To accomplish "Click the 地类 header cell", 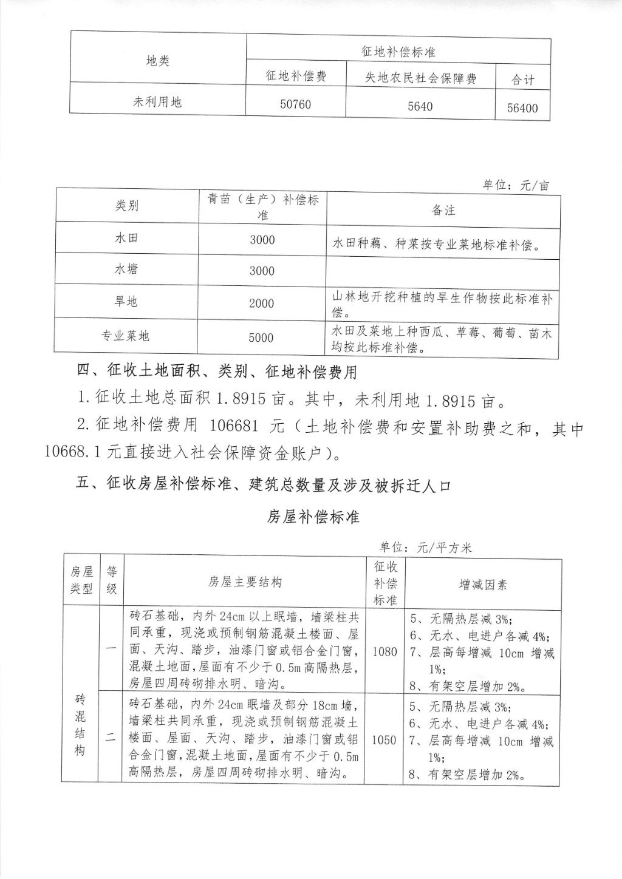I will pyautogui.click(x=158, y=61).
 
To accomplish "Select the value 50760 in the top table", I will pyautogui.click(x=295, y=104).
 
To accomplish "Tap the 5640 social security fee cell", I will pyautogui.click(x=420, y=107).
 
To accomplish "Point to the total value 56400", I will pyautogui.click(x=522, y=108).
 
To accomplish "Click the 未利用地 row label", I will pyautogui.click(x=157, y=102).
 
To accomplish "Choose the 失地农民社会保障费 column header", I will pyautogui.click(x=420, y=78).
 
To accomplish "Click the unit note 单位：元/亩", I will pyautogui.click(x=516, y=185).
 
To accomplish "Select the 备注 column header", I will pyautogui.click(x=443, y=210).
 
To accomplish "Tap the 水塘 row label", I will pyautogui.click(x=126, y=269).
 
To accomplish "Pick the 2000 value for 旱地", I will pyautogui.click(x=261, y=304).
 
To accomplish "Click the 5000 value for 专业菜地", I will pyautogui.click(x=261, y=338).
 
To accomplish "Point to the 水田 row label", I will pyautogui.click(x=126, y=237).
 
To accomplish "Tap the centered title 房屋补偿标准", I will pyautogui.click(x=313, y=517).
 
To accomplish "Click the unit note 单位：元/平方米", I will pyautogui.click(x=425, y=547).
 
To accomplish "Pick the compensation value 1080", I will pyautogui.click(x=384, y=651).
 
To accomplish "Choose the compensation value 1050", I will pyautogui.click(x=384, y=740).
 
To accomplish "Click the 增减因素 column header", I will pyautogui.click(x=483, y=585).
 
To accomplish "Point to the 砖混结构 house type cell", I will pyautogui.click(x=80, y=724).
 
